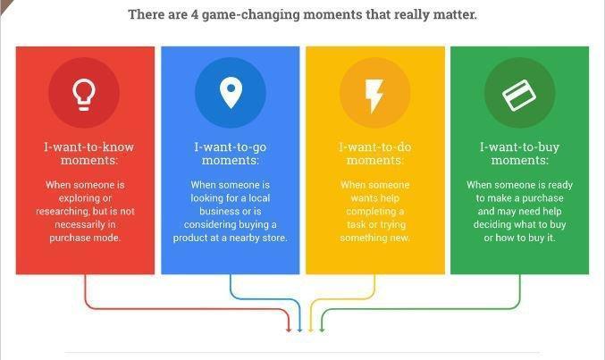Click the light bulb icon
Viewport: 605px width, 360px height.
84,95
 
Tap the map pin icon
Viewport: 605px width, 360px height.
231,93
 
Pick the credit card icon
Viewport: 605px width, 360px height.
519,95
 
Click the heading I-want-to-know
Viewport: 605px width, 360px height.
88,147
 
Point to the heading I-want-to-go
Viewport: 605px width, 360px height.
231,147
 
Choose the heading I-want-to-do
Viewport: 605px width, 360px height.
375,147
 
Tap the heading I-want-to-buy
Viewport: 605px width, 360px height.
520,147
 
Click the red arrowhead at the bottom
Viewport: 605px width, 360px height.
289,330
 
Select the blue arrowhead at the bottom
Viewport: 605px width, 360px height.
299,330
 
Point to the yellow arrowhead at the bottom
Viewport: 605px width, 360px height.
311,330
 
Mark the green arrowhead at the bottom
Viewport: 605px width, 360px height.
322,330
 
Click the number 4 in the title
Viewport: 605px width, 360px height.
195,14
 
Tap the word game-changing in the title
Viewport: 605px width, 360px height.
251,15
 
